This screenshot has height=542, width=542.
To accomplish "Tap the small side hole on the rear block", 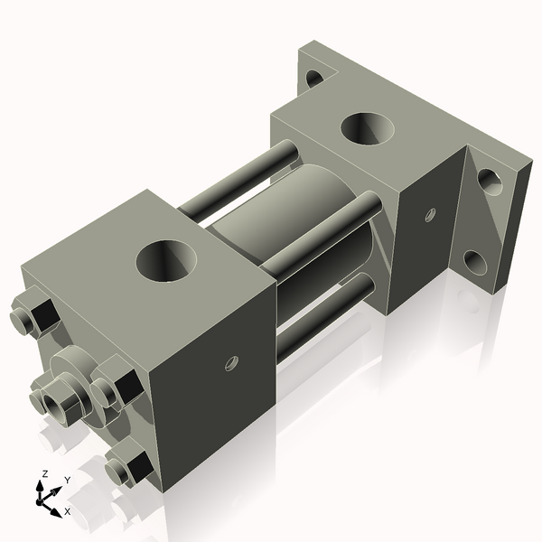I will click(430, 214).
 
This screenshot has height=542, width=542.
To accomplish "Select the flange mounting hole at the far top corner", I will click(314, 78).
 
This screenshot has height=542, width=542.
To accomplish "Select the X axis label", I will click(67, 511).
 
